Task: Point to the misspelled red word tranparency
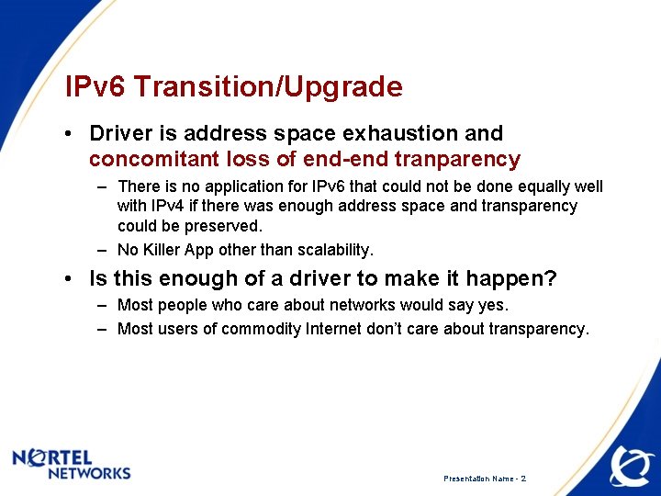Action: pyautogui.click(x=457, y=160)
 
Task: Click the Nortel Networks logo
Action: pyautogui.click(x=72, y=464)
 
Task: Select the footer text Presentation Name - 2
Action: pyautogui.click(x=485, y=479)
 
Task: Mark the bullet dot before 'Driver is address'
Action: pyautogui.click(x=70, y=135)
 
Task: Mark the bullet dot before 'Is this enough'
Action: pyautogui.click(x=70, y=278)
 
